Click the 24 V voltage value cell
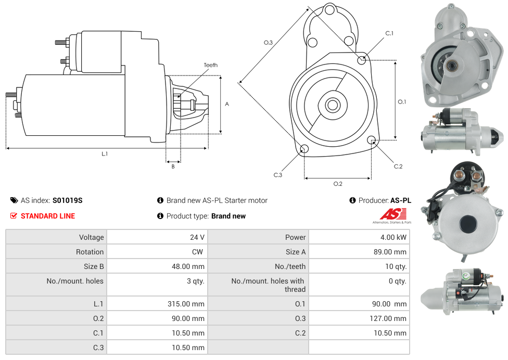(x=197, y=237)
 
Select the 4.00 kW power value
(x=395, y=237)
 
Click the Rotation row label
(x=90, y=252)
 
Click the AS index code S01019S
(x=67, y=200)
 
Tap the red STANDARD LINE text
(x=47, y=216)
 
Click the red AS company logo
(x=391, y=214)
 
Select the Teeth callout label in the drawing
(x=210, y=65)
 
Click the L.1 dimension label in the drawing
(x=105, y=154)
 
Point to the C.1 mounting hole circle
(x=362, y=60)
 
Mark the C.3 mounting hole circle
(x=304, y=150)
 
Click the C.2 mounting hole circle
(x=372, y=140)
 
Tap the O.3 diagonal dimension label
(x=268, y=43)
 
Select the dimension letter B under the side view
(x=173, y=166)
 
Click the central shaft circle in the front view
(x=332, y=105)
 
